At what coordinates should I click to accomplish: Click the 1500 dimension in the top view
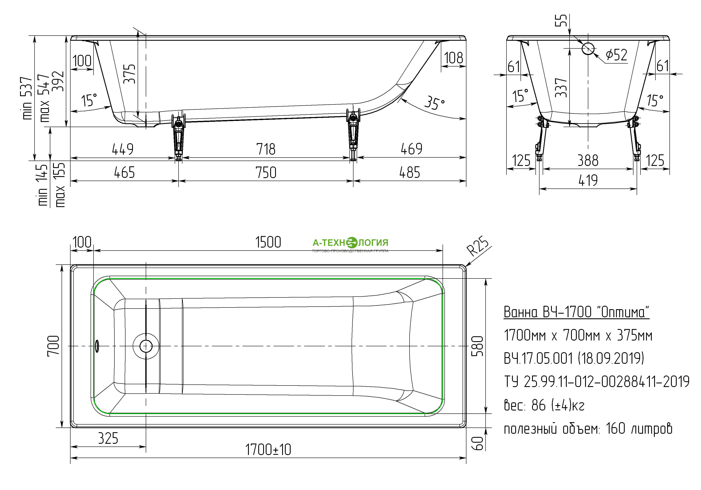[x=268, y=242]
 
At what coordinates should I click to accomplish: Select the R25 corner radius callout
[x=478, y=246]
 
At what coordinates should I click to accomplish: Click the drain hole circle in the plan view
[x=146, y=346]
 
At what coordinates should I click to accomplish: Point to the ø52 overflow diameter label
[x=616, y=55]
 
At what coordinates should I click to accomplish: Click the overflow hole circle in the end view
[x=588, y=48]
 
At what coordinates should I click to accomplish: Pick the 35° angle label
[x=434, y=103]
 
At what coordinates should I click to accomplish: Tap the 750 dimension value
[x=266, y=173]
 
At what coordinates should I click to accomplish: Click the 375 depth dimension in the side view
[x=130, y=74]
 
